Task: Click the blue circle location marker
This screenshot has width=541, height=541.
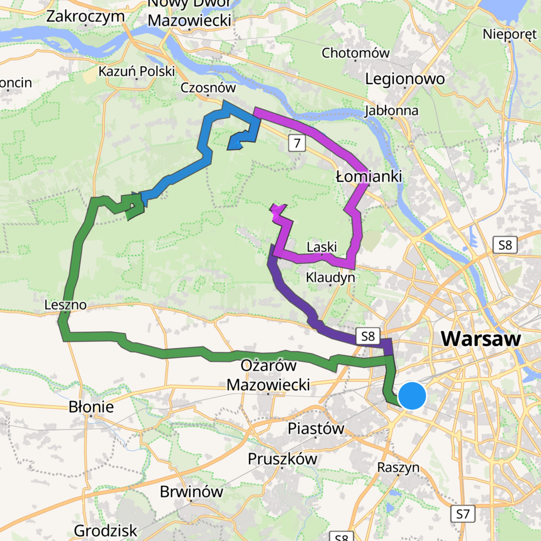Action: [x=412, y=396]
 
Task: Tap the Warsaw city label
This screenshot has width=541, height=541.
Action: [x=481, y=338]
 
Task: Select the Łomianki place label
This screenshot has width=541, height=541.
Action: [x=369, y=176]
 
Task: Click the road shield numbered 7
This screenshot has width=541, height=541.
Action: [x=297, y=143]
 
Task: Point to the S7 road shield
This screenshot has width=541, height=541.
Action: [x=462, y=514]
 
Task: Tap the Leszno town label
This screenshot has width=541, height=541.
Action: [x=65, y=305]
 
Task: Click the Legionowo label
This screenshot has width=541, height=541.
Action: [x=405, y=79]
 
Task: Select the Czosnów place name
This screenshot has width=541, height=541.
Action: [x=208, y=88]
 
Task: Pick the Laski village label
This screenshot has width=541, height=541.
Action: [x=322, y=247]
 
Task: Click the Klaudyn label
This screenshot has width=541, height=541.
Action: [x=330, y=277]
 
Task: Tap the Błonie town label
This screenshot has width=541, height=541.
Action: [x=91, y=407]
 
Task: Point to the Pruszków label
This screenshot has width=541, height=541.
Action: [x=282, y=459]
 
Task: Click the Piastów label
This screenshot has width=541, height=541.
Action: [x=316, y=428]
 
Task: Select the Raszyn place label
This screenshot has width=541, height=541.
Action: [x=398, y=467]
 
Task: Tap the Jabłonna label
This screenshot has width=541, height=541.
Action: [x=391, y=111]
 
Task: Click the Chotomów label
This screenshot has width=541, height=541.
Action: [x=355, y=53]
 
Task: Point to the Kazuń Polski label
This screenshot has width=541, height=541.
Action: [x=136, y=71]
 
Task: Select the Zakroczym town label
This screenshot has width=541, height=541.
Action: [x=86, y=16]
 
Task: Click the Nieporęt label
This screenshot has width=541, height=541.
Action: [x=510, y=34]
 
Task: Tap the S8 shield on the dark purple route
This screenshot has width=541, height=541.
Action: [x=368, y=336]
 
